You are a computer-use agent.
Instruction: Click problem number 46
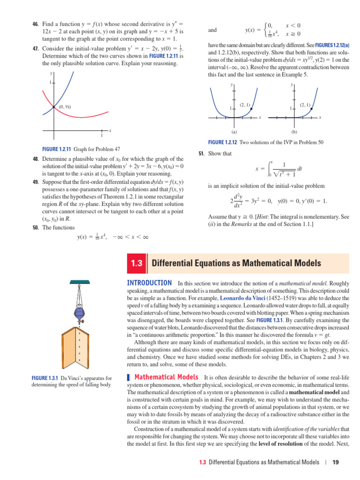tap(35, 24)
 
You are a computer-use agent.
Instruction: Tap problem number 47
tap(35, 49)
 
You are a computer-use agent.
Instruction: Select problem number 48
tap(36, 159)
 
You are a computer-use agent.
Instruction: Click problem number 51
tap(202, 153)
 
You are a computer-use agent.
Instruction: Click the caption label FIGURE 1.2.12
tap(223, 142)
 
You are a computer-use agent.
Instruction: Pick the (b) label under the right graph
tap(294, 132)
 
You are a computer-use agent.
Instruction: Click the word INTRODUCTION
tap(150, 283)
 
